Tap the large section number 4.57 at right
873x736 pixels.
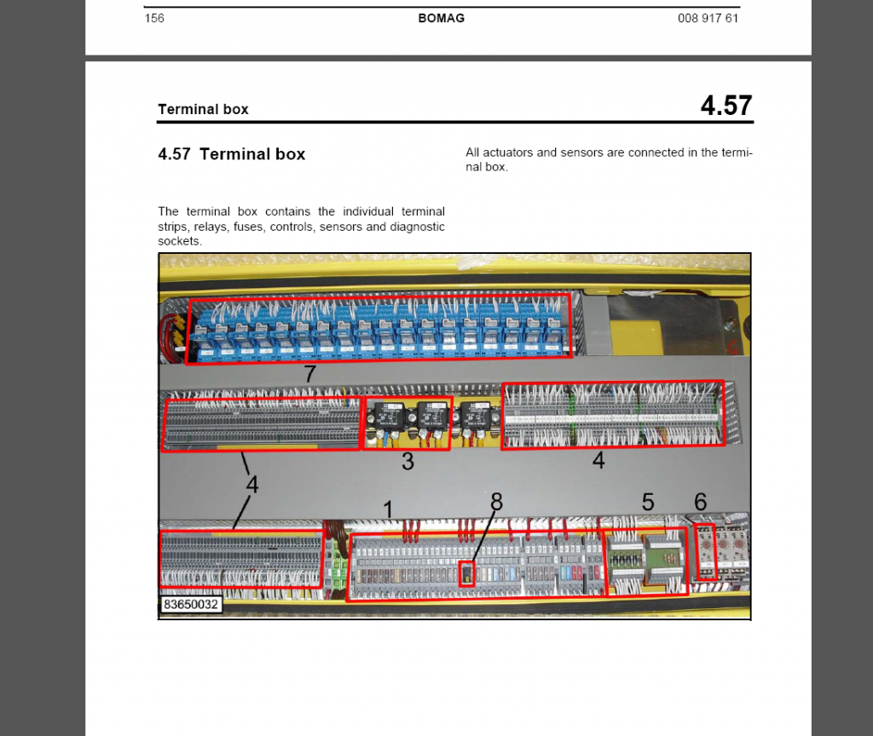pos(726,106)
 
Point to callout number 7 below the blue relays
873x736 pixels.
pos(310,375)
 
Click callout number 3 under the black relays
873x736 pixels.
pos(408,462)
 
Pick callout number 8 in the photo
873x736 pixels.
pos(496,503)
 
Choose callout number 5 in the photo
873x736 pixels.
pos(648,503)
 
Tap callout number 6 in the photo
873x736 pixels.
pos(700,503)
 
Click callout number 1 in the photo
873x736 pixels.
pos(388,509)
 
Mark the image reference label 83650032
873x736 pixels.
pos(190,605)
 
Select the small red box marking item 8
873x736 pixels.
pos(467,573)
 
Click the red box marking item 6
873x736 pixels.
pos(706,552)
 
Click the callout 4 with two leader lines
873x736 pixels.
pos(252,484)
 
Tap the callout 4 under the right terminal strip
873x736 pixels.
pos(598,461)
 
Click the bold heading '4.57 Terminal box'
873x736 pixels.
pos(231,154)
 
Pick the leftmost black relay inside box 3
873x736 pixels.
pos(391,417)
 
